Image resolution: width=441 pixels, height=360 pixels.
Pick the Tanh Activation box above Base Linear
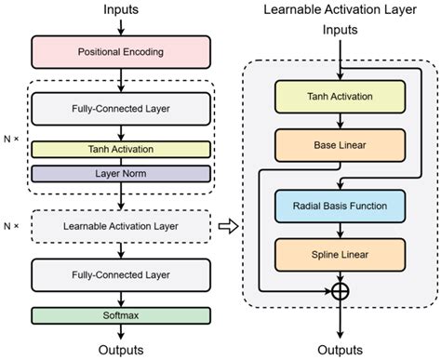[339, 96]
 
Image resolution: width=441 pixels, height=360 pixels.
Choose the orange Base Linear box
[339, 143]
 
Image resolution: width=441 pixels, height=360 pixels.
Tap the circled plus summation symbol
[339, 291]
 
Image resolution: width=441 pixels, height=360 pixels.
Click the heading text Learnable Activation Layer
[339, 10]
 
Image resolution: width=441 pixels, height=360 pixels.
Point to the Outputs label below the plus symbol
[339, 350]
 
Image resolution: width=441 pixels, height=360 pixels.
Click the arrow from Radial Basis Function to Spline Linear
[339, 229]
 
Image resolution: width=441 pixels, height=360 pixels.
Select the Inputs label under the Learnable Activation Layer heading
[339, 30]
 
